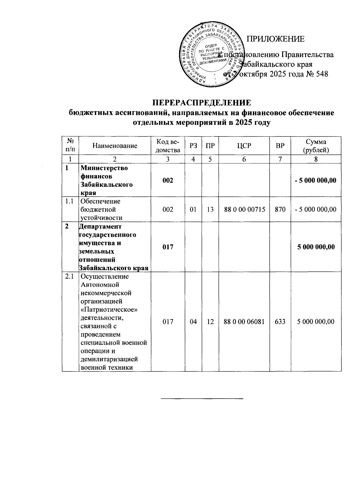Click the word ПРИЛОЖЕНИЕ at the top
(275, 39)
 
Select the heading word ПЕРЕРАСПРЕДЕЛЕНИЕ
(201, 103)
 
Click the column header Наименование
(115, 146)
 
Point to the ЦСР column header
(244, 146)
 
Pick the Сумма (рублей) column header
(316, 146)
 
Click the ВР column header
(280, 146)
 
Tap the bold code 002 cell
(168, 180)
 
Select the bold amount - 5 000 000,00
(315, 180)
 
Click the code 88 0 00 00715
(244, 209)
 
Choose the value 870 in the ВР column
(280, 209)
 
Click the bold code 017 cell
(168, 247)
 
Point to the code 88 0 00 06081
(244, 322)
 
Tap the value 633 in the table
(280, 322)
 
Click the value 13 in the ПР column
(210, 209)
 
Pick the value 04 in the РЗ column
(193, 322)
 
